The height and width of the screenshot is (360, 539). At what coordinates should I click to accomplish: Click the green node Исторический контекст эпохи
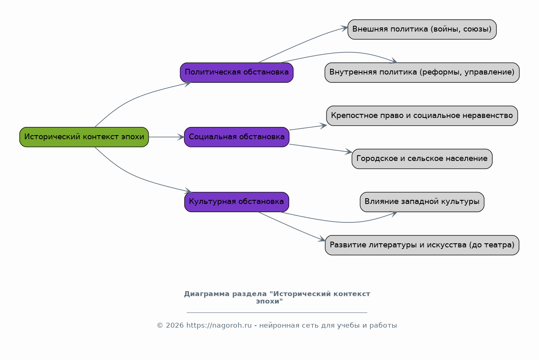click(84, 137)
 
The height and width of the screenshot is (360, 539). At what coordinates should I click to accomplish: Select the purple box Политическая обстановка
click(237, 72)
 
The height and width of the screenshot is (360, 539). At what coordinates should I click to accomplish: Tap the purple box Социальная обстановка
click(237, 137)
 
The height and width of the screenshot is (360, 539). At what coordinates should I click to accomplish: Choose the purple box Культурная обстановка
click(237, 202)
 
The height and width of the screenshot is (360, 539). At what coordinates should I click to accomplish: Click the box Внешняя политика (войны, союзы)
click(422, 29)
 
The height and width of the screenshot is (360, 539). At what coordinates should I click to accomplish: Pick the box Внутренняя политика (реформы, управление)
click(422, 72)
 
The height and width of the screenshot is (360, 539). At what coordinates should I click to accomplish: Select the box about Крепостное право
click(422, 115)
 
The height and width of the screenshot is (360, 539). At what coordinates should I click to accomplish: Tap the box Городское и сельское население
click(422, 158)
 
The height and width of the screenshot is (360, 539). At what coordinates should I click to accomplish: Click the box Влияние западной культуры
click(422, 202)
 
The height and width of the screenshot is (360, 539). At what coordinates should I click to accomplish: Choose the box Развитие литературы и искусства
click(422, 245)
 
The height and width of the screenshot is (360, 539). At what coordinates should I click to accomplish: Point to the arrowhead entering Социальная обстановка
click(181, 137)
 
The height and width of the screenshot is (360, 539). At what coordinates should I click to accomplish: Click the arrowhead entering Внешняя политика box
click(344, 28)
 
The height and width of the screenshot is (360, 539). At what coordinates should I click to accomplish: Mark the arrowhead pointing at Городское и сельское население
click(349, 152)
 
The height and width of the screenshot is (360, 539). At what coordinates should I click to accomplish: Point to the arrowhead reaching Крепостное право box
click(323, 126)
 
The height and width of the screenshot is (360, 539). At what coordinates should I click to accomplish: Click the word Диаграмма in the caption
click(207, 294)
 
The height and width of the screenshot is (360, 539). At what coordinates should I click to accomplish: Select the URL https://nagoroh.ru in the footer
click(219, 325)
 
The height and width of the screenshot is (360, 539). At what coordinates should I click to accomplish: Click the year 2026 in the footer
click(175, 325)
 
